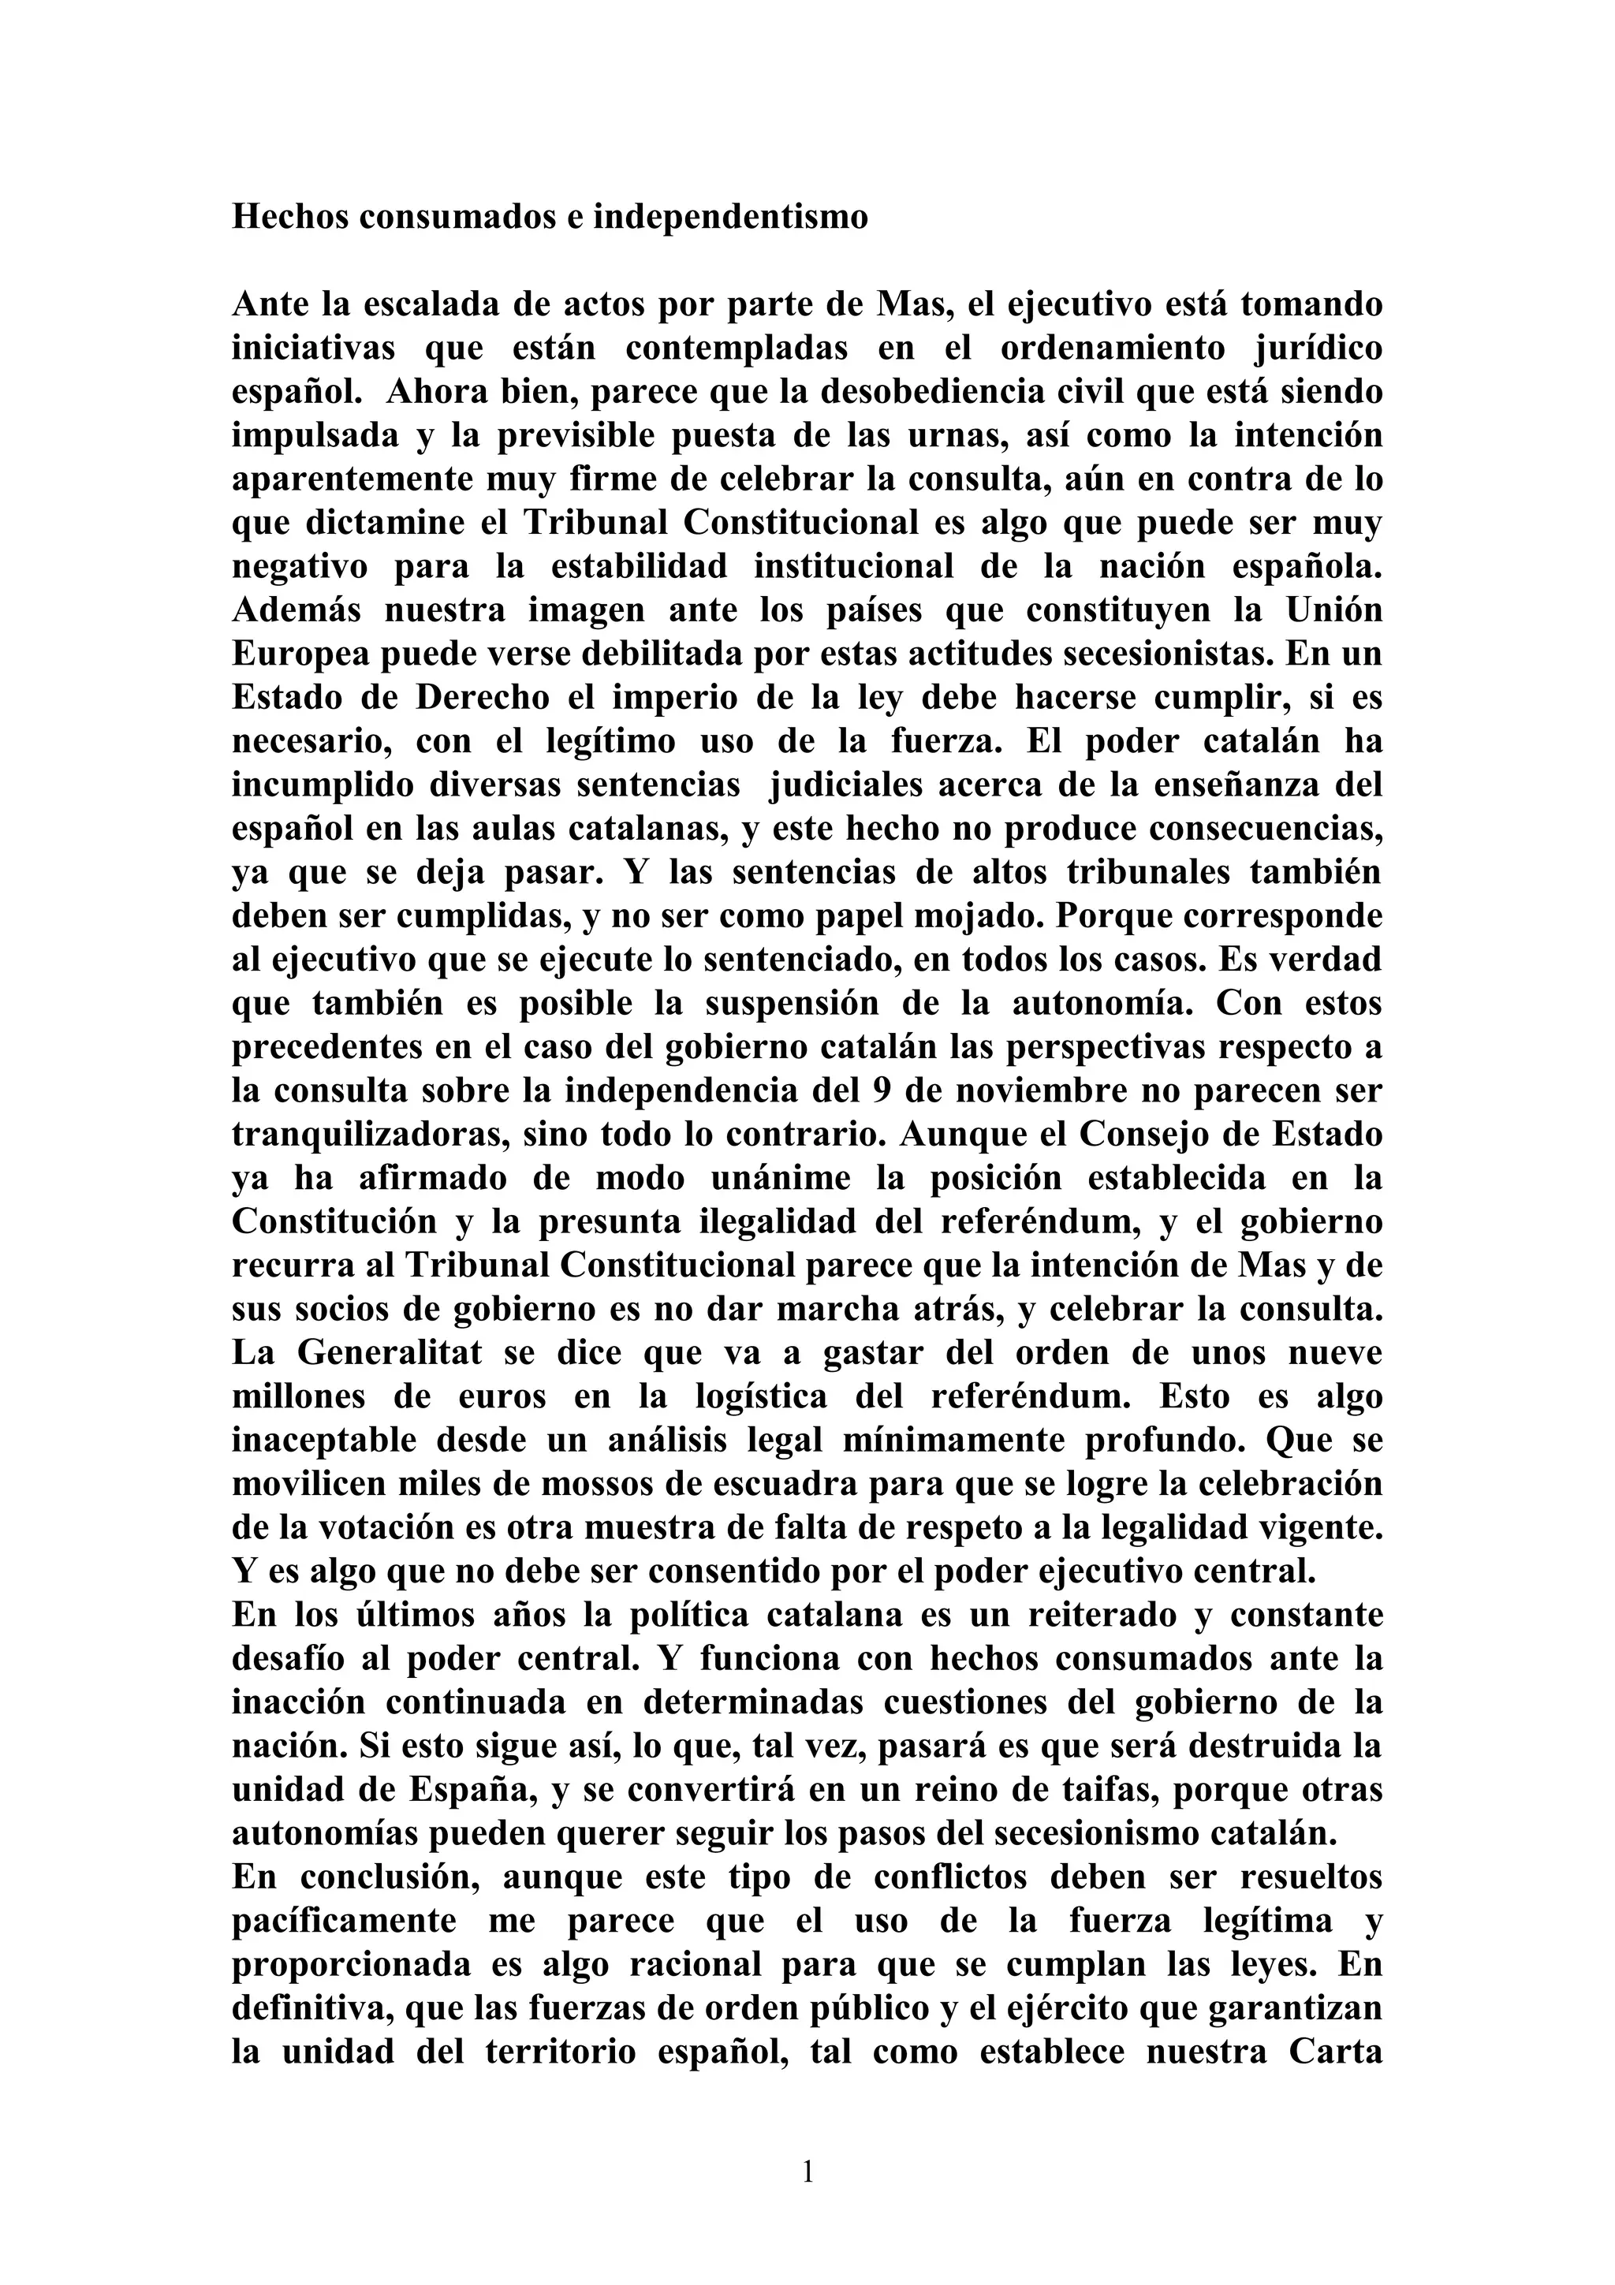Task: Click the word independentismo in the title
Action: click(730, 217)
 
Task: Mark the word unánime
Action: click(779, 1180)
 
